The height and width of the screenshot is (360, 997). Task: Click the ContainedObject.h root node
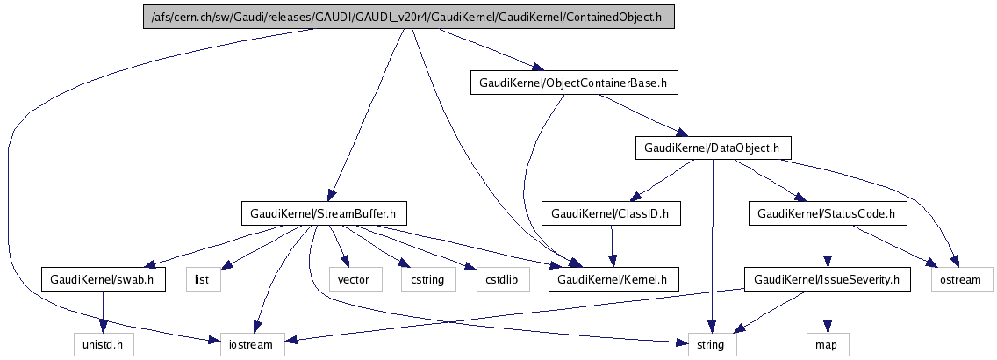pos(409,18)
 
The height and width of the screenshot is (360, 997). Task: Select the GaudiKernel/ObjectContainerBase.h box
pos(574,83)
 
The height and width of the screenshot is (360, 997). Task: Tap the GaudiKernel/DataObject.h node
pos(711,148)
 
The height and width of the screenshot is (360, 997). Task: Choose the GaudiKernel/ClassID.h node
pos(611,212)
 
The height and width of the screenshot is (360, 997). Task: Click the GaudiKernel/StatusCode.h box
pos(825,212)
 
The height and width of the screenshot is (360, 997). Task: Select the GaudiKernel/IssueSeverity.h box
pos(828,280)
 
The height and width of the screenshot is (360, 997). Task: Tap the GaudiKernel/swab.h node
pos(104,280)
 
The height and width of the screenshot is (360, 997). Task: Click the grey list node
pos(203,280)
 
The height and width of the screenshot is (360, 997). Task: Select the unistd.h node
pos(104,344)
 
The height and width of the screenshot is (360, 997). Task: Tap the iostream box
pos(252,344)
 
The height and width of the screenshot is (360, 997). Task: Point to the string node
pos(711,344)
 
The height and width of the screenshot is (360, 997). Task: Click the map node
pos(826,344)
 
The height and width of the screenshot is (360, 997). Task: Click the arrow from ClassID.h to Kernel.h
pos(612,246)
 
